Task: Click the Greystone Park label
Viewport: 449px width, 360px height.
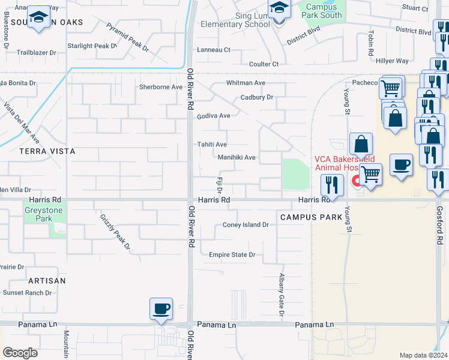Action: point(38,214)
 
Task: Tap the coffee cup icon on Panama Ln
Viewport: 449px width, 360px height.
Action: point(161,309)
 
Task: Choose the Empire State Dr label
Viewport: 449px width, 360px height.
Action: point(232,255)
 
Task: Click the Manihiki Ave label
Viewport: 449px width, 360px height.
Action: point(237,158)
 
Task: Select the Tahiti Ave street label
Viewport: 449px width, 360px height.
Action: point(212,145)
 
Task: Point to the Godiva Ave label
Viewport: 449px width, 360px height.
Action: point(214,116)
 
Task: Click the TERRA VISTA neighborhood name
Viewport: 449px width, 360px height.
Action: point(47,152)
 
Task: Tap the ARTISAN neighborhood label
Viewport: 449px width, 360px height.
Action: point(46,281)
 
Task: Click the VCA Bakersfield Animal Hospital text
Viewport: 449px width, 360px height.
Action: point(345,163)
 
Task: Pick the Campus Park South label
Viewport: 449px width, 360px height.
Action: point(323,11)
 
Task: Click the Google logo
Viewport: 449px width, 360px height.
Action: point(20,353)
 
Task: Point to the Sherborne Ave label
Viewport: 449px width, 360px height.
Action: point(160,87)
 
